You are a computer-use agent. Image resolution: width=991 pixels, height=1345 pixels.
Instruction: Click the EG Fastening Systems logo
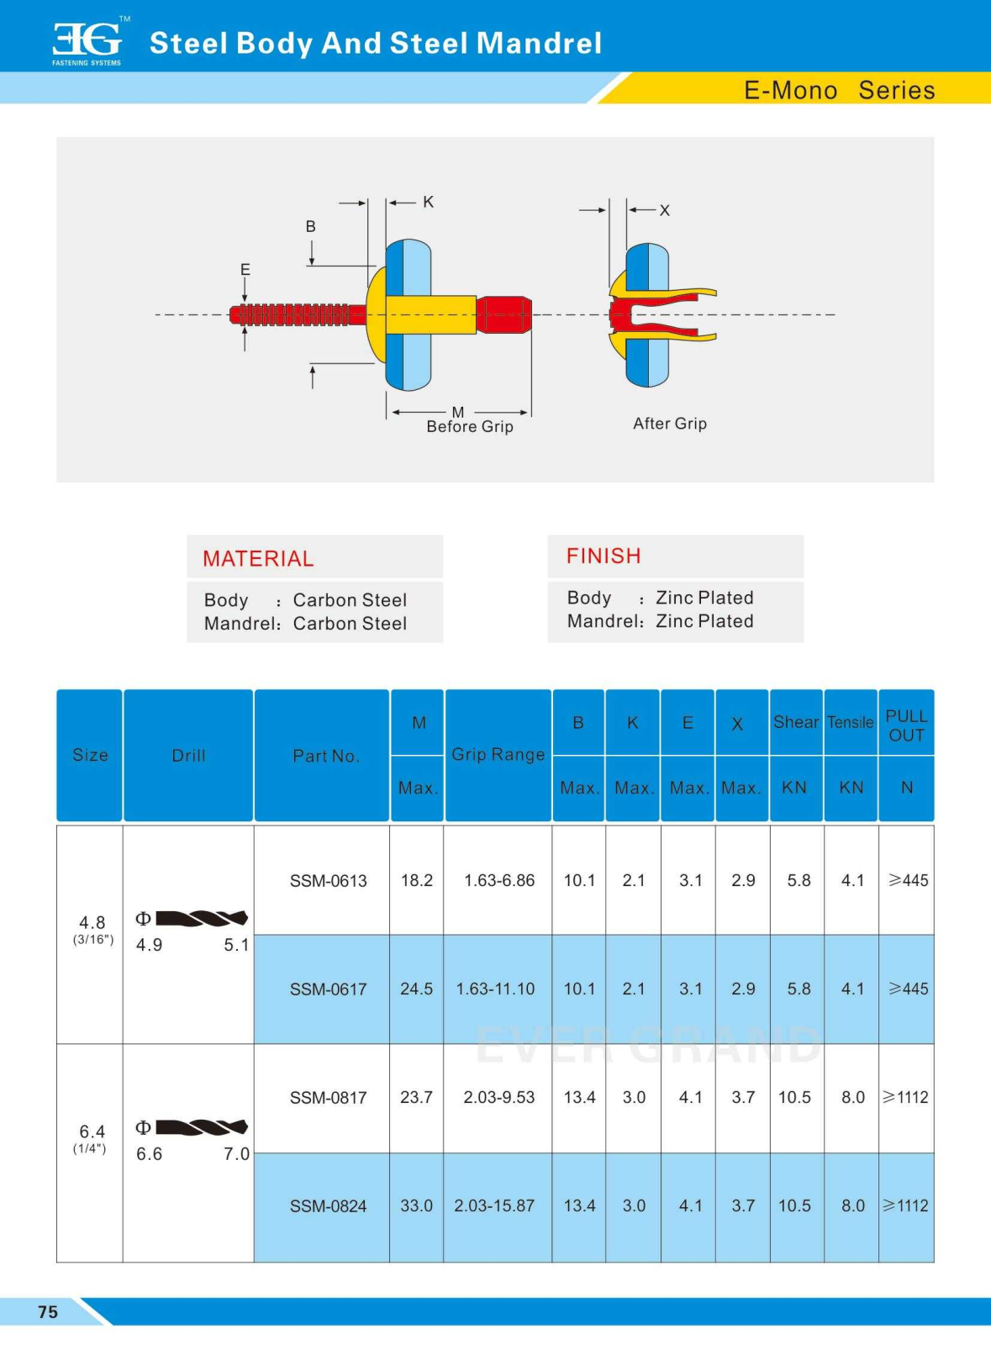[87, 42]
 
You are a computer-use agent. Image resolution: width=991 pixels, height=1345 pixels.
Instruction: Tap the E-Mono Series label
[839, 90]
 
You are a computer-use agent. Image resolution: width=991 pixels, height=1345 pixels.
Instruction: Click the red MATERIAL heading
[258, 558]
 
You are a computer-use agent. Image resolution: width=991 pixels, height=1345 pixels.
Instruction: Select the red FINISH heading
[604, 556]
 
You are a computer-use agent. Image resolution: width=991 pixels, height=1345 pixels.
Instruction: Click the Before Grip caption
[469, 426]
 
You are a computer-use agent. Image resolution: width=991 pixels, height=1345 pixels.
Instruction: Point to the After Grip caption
[670, 424]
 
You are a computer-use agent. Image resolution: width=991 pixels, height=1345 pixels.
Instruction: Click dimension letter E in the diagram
[245, 270]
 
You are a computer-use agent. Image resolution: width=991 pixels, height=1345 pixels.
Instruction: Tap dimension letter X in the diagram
[665, 210]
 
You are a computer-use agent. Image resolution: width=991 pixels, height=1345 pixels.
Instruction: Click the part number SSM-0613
[328, 881]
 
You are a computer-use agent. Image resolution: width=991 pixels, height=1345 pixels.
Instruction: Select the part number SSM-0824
[328, 1206]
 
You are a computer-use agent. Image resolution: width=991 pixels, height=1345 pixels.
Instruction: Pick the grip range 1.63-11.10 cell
[495, 989]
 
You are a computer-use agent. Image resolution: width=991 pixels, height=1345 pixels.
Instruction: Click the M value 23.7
[416, 1097]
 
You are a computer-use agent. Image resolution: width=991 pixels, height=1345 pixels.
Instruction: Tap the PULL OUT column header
[906, 725]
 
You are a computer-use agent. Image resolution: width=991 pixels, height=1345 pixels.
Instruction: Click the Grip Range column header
[498, 754]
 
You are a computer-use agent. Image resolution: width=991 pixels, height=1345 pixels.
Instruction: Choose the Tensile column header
[850, 722]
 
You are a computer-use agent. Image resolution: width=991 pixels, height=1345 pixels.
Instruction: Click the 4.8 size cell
[92, 923]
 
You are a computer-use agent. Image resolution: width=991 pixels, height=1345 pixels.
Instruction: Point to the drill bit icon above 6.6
[201, 1127]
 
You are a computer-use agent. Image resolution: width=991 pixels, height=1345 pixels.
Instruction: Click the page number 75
[48, 1311]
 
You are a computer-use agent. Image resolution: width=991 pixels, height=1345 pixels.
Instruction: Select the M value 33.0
[416, 1205]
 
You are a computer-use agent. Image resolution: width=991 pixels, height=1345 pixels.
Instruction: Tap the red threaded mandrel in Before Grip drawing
[294, 315]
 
